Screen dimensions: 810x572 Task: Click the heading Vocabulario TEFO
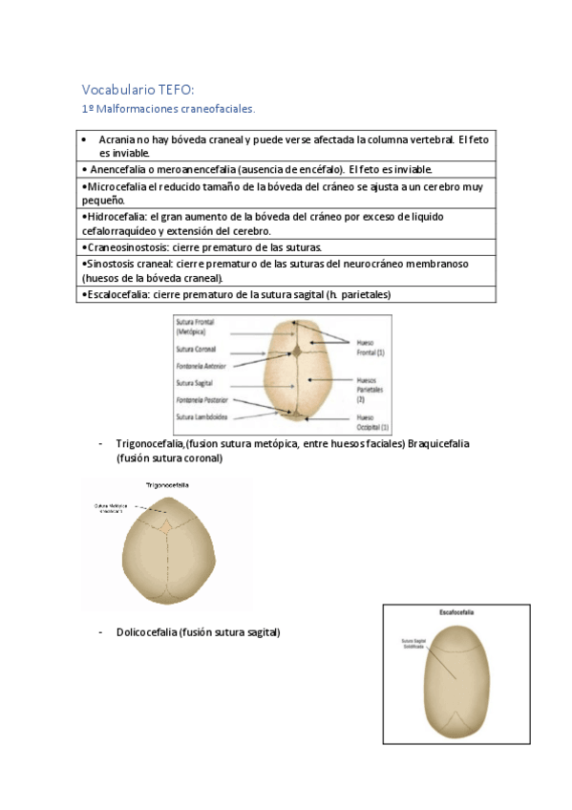click(138, 90)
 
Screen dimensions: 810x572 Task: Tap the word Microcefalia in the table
click(118, 188)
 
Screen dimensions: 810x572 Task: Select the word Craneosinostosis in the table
click(124, 246)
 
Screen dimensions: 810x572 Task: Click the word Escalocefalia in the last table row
click(117, 294)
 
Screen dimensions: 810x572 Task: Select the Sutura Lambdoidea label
click(201, 417)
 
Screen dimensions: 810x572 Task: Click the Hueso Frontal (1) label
click(370, 348)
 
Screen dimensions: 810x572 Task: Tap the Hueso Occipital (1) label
click(371, 423)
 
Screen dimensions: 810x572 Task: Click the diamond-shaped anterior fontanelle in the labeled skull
click(297, 352)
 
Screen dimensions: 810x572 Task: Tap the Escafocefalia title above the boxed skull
click(456, 610)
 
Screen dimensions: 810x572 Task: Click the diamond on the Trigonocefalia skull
click(166, 525)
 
